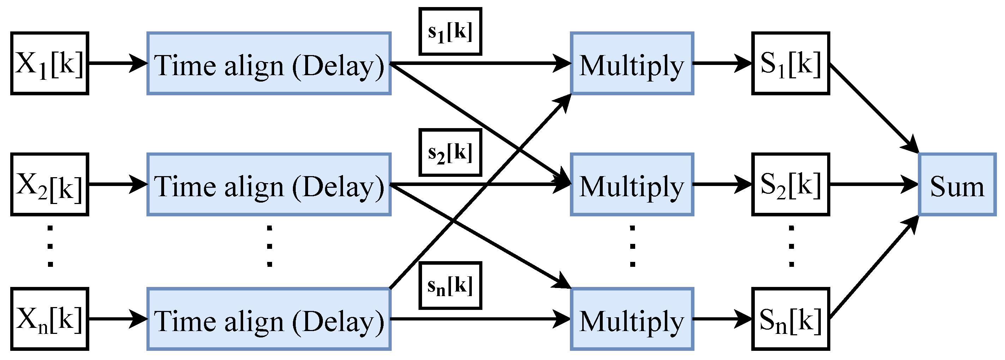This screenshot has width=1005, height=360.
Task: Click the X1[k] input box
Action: (49, 63)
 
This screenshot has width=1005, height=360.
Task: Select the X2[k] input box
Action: (49, 185)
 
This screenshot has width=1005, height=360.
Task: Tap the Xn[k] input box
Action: (49, 319)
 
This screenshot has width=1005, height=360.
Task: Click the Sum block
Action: (957, 185)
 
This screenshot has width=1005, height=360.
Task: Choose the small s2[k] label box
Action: (450, 152)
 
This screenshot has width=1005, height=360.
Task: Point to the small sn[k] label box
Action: (450, 286)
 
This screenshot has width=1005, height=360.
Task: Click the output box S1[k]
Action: (790, 63)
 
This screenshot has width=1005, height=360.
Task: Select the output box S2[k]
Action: (790, 185)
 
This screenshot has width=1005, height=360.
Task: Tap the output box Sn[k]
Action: (790, 319)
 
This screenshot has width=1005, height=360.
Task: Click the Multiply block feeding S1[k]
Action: (632, 63)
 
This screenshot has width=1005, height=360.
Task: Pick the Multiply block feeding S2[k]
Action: (632, 185)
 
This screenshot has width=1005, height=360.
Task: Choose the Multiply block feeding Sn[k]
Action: (632, 319)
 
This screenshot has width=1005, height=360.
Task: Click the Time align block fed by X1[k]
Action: (269, 63)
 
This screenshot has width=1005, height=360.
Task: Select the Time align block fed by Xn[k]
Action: (269, 319)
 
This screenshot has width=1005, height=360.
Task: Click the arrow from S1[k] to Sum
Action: (874, 108)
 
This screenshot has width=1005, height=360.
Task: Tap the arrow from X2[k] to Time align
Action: (117, 184)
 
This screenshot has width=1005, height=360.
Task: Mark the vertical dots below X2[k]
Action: (50, 246)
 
